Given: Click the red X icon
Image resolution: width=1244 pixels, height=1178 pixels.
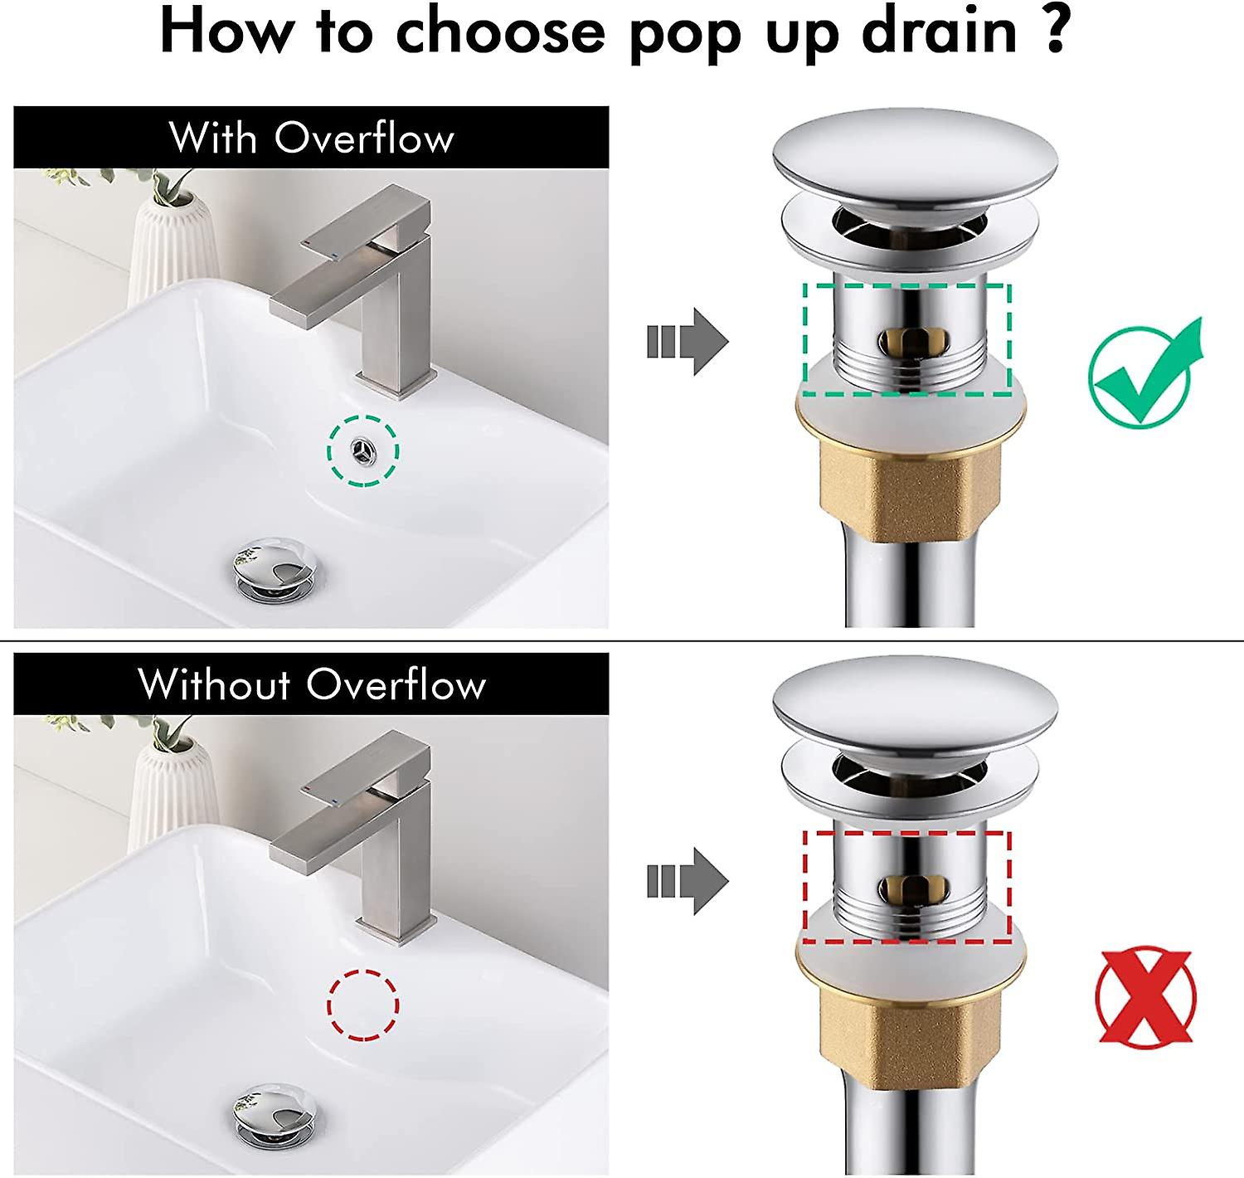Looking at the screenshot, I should (1145, 996).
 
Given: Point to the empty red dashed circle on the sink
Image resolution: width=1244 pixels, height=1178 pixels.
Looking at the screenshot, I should (363, 1005).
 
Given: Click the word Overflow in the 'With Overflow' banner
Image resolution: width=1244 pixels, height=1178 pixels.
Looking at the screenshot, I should (364, 138).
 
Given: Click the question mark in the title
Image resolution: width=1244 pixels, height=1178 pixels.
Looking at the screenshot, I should (1055, 32).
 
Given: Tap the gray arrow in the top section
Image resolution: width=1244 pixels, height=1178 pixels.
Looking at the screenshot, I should (688, 341).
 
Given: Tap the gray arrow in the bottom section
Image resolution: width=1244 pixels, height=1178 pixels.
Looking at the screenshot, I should (688, 881).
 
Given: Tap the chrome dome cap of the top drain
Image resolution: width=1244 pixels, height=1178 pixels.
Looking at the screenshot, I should (915, 156).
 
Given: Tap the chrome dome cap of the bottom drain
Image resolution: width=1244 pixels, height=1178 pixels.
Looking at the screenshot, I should (915, 702).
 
